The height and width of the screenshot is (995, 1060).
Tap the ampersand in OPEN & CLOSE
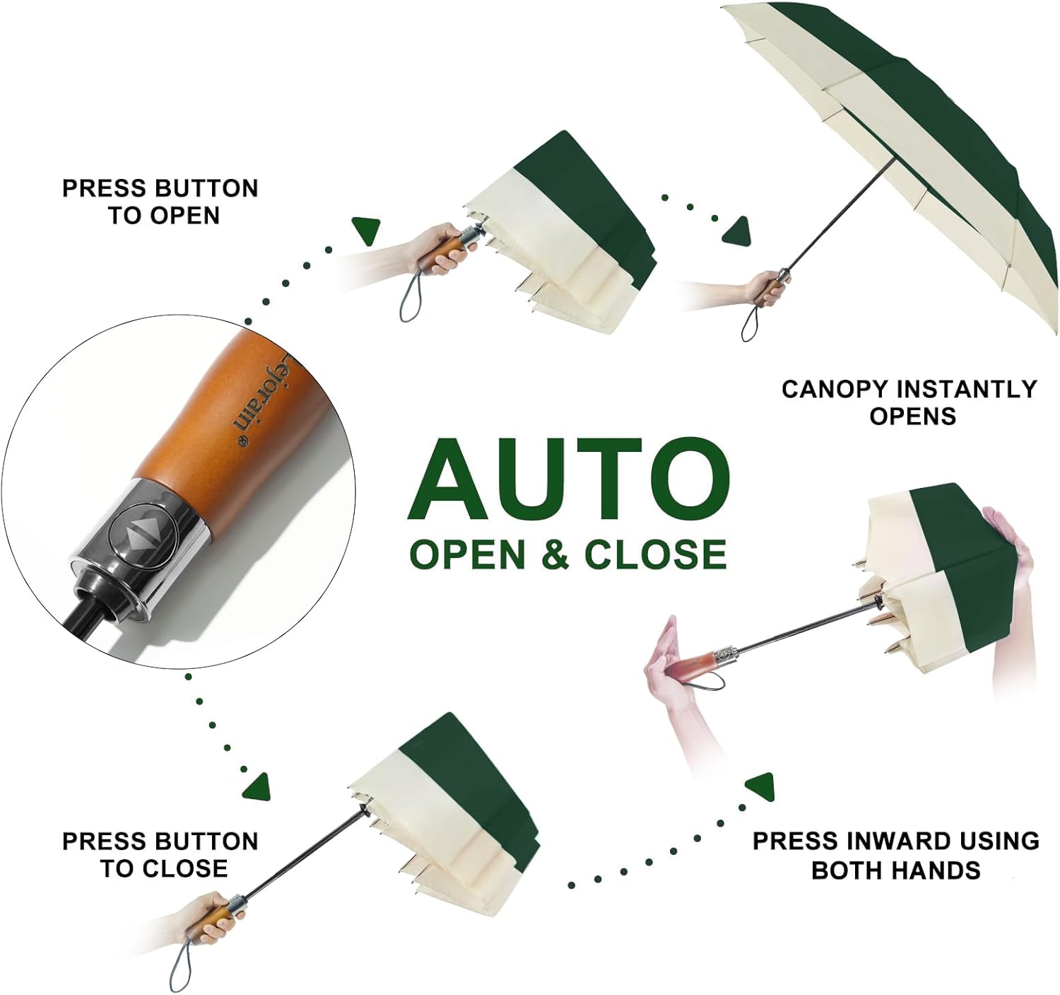557,554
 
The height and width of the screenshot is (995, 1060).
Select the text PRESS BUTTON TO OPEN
160,202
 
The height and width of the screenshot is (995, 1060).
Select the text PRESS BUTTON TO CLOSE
160,854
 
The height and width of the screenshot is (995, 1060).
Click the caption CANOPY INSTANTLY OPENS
909,402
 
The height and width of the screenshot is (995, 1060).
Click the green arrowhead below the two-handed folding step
760,787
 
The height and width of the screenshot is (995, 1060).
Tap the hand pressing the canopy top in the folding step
1013,566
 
